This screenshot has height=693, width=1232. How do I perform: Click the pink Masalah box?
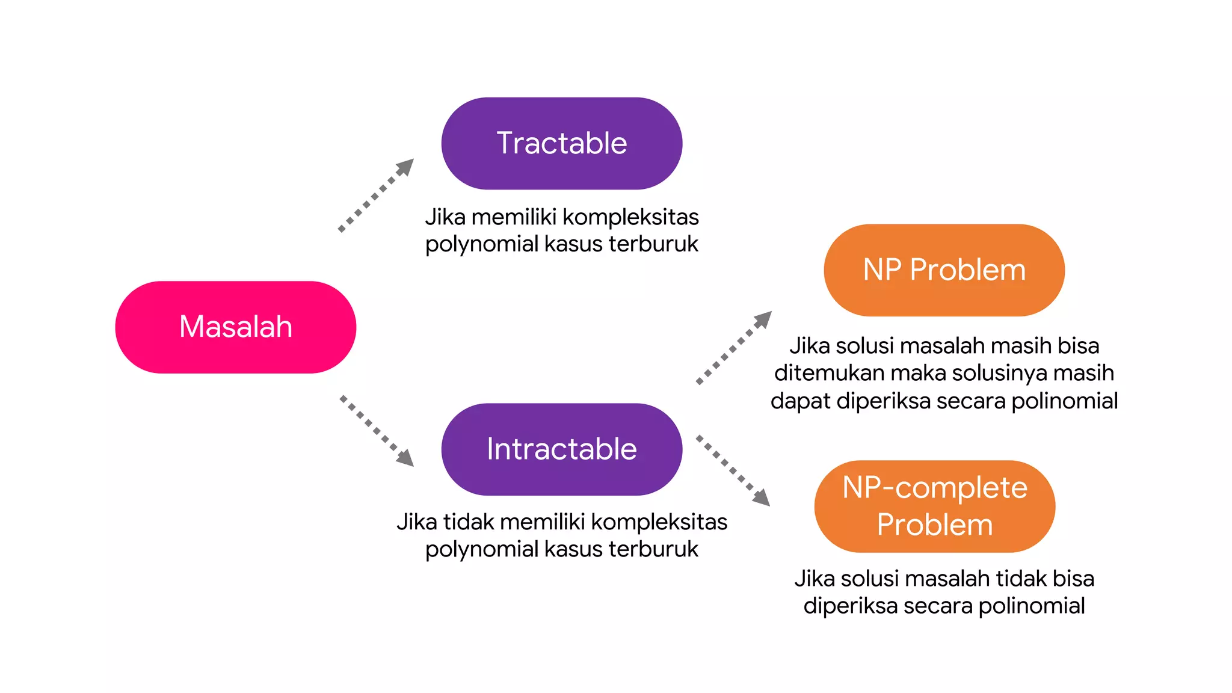pos(235,327)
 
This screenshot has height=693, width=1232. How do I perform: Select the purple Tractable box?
pos(561,143)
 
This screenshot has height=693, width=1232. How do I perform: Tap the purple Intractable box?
pos(561,449)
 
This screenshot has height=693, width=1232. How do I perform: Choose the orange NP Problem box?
pos(944,269)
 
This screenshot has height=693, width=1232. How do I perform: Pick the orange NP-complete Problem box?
pos(934,506)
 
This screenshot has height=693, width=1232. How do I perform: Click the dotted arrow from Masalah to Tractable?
pos(377,194)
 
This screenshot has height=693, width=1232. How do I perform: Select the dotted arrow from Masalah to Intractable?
pos(377,430)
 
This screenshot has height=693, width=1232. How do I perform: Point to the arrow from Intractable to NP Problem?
pos(734,347)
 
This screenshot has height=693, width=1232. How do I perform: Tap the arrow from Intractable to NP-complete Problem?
pos(733,470)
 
